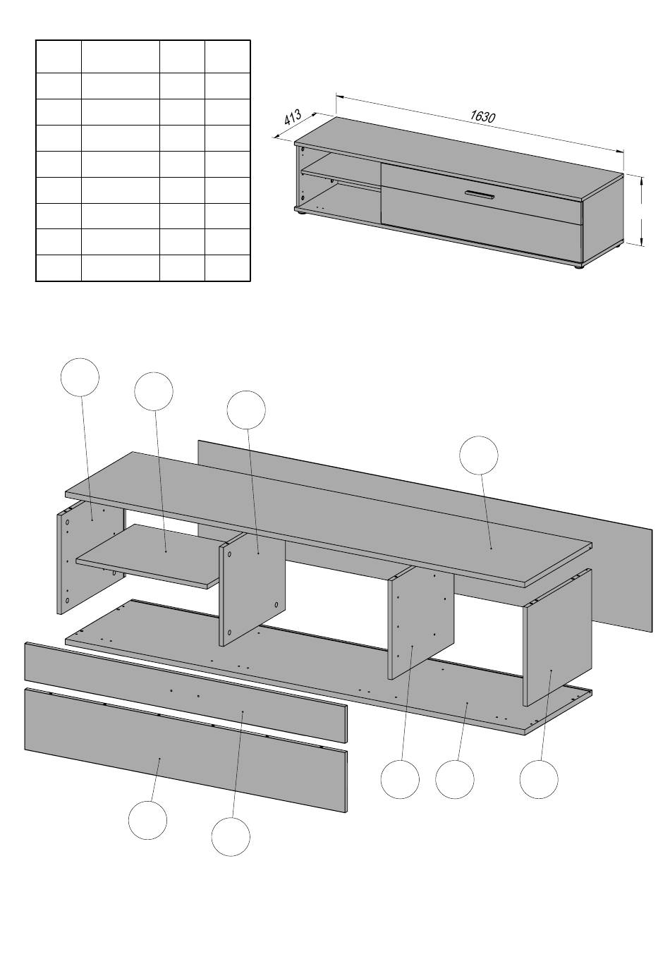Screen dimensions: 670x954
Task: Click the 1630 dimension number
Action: pyautogui.click(x=482, y=116)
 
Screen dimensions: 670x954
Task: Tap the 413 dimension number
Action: pyautogui.click(x=293, y=117)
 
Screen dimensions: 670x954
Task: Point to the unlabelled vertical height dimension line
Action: pyautogui.click(x=641, y=212)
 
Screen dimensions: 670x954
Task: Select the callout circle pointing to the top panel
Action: pyautogui.click(x=478, y=455)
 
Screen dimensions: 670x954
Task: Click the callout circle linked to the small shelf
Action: pyautogui.click(x=153, y=391)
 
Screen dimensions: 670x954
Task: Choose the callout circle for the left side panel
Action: pyautogui.click(x=80, y=377)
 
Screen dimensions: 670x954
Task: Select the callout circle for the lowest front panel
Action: pyautogui.click(x=148, y=820)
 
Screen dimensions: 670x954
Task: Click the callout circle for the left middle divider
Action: pyautogui.click(x=246, y=410)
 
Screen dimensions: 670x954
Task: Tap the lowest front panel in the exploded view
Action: pyautogui.click(x=185, y=748)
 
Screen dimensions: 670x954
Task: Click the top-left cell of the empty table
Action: pyautogui.click(x=59, y=56)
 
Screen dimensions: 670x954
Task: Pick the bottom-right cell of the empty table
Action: pyautogui.click(x=228, y=268)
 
